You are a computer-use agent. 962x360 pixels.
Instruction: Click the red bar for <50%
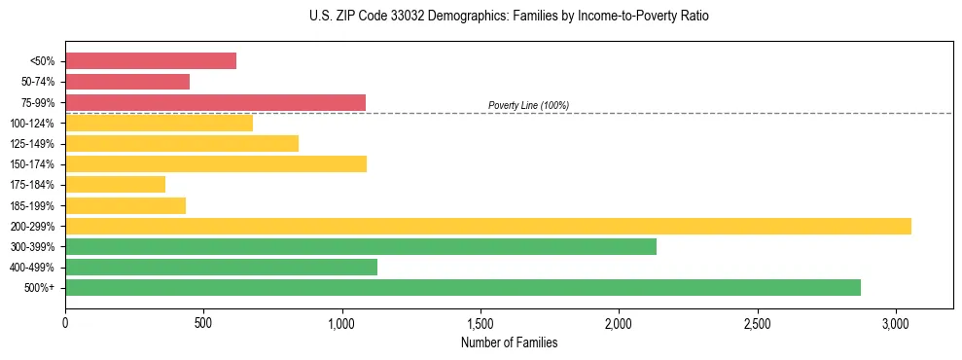(151, 60)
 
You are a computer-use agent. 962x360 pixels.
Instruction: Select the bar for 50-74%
(127, 82)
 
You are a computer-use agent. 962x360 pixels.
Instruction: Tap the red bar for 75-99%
(215, 102)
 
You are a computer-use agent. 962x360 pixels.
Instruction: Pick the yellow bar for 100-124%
(159, 123)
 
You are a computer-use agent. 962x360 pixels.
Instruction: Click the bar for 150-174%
(216, 163)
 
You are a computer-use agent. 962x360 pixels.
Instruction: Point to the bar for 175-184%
(115, 184)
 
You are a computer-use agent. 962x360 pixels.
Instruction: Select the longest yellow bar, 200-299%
(488, 226)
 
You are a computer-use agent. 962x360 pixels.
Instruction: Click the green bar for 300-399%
(361, 246)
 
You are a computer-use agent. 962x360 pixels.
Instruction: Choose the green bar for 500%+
(463, 287)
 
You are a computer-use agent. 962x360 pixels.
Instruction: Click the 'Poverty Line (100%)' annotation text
(528, 105)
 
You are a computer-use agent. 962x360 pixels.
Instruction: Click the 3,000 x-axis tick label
(896, 322)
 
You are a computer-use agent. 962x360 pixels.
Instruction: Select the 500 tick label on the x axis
(203, 322)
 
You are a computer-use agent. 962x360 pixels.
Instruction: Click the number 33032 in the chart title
(375, 17)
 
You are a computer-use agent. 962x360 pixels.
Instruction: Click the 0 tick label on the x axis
(65, 322)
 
